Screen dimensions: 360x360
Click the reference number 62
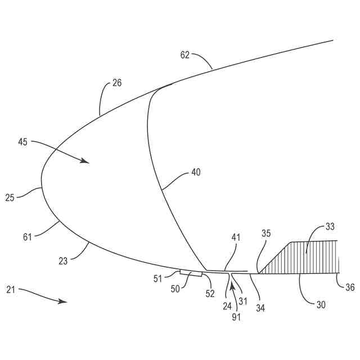click(x=185, y=55)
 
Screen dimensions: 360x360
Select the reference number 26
click(x=116, y=83)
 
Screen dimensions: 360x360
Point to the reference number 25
click(x=10, y=197)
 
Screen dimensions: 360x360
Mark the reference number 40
click(x=196, y=173)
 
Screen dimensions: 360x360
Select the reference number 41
click(x=235, y=237)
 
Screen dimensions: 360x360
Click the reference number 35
click(x=266, y=232)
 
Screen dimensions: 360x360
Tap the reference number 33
click(x=331, y=227)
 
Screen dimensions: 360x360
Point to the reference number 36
click(x=350, y=287)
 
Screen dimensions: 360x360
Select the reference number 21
click(x=11, y=290)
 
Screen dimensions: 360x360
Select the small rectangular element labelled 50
click(x=191, y=274)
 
